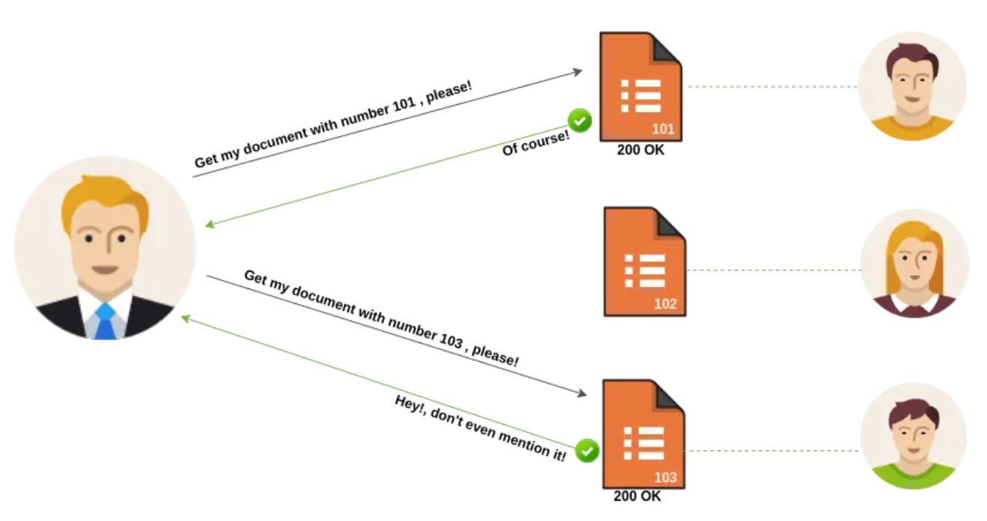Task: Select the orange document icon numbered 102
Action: tap(644, 261)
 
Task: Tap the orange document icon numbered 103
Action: tap(643, 434)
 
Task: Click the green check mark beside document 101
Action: tap(579, 119)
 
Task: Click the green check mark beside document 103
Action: tap(587, 450)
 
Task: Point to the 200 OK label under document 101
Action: tap(640, 150)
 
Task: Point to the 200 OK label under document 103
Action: tap(637, 496)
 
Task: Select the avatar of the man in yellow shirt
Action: tap(910, 86)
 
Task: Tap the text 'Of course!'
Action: tap(535, 142)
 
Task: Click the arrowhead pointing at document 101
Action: tap(577, 71)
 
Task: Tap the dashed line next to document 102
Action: tap(772, 270)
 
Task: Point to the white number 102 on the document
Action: tap(664, 304)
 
